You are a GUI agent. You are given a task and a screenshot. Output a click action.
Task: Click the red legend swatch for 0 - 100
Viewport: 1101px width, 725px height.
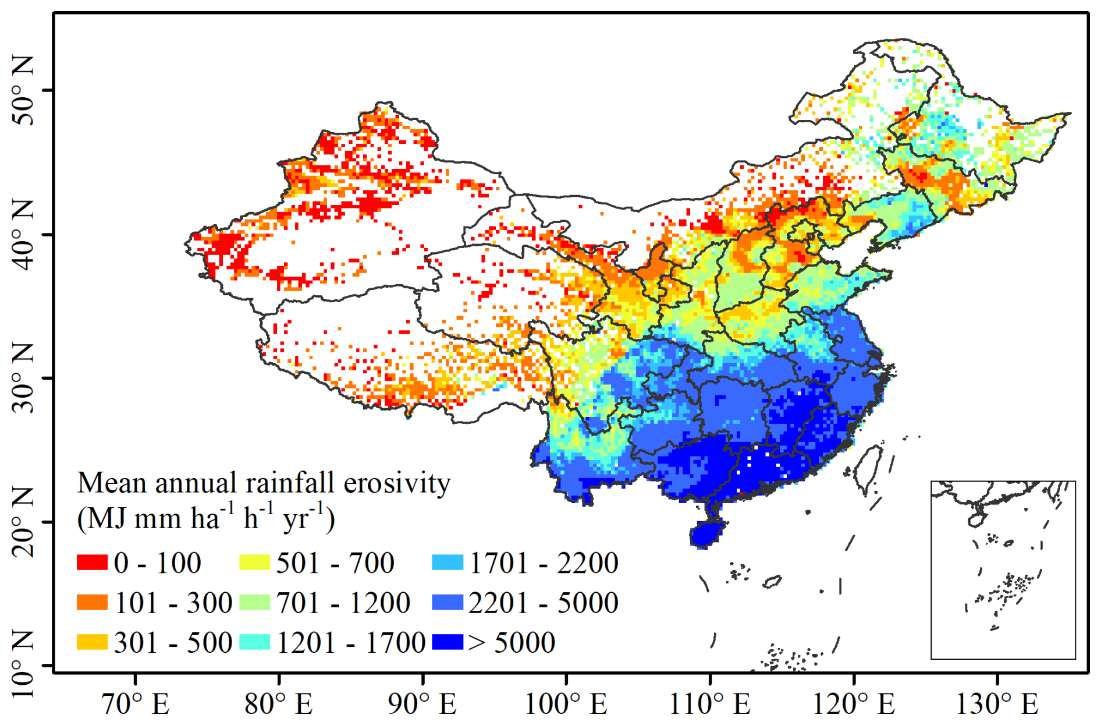(x=92, y=563)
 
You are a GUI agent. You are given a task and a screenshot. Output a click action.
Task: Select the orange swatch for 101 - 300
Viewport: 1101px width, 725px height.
(x=92, y=602)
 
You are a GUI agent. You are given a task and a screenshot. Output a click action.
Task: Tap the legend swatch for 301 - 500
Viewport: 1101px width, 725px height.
(x=92, y=642)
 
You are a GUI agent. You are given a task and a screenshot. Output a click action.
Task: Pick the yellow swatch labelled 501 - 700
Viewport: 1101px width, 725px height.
(x=254, y=563)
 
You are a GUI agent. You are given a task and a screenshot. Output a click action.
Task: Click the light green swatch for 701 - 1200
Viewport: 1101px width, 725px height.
(x=254, y=602)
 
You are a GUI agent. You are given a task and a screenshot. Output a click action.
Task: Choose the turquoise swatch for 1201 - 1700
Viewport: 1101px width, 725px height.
(x=254, y=642)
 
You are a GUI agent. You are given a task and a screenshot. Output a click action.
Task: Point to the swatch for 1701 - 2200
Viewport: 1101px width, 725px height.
(x=447, y=563)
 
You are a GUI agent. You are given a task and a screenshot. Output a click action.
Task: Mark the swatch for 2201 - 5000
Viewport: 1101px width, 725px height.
(x=447, y=602)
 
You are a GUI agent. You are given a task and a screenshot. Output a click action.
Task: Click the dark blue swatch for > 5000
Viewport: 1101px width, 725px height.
(x=447, y=642)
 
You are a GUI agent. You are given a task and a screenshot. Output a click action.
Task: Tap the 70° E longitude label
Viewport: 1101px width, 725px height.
(x=135, y=704)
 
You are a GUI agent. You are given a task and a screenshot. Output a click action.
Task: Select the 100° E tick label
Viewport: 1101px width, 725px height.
(x=566, y=704)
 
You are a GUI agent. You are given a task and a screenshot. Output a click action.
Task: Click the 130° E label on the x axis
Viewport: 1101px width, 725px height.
(x=997, y=704)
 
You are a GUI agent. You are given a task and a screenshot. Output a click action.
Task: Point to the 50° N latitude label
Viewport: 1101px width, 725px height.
(x=23, y=90)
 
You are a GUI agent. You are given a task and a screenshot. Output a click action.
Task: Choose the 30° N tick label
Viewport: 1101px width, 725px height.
(x=23, y=377)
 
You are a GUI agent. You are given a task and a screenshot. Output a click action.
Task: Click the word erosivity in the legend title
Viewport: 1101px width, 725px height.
(x=397, y=483)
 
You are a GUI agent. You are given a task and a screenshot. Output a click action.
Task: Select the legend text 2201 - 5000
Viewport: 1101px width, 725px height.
(x=543, y=603)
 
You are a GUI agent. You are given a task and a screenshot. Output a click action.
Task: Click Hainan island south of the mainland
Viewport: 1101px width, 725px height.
(x=706, y=533)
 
